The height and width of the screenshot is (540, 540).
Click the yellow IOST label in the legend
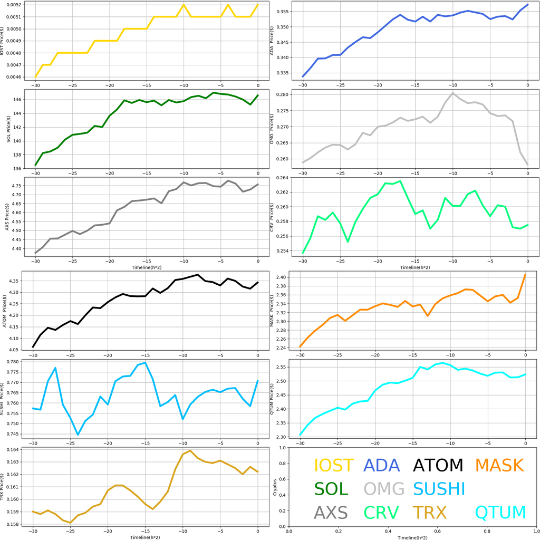point(334,465)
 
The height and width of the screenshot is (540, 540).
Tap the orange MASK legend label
point(499,465)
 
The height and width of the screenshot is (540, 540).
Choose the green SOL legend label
point(331,489)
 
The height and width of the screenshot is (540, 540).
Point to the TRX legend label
point(429,512)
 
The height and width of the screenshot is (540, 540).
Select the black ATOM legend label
point(438,465)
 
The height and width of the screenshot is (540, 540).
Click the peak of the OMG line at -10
point(452,93)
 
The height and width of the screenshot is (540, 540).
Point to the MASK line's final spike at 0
point(525,274)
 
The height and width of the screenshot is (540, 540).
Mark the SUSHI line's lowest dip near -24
point(78,435)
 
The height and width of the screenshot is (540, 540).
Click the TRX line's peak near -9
point(190,451)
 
